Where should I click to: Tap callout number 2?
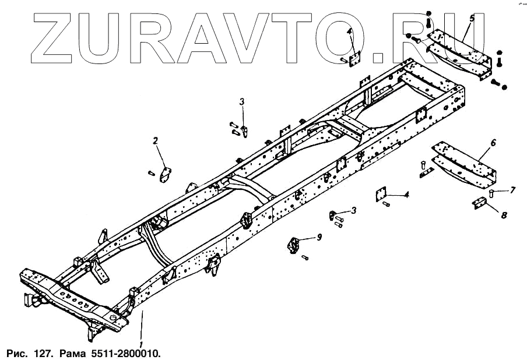pos(156,140)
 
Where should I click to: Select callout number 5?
pos(472,19)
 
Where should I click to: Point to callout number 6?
pos(493,143)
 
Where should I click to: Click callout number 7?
pos(513,189)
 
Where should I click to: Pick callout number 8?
pos(504,214)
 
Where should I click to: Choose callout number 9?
pos(319,237)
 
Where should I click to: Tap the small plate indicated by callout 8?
pos(479,203)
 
